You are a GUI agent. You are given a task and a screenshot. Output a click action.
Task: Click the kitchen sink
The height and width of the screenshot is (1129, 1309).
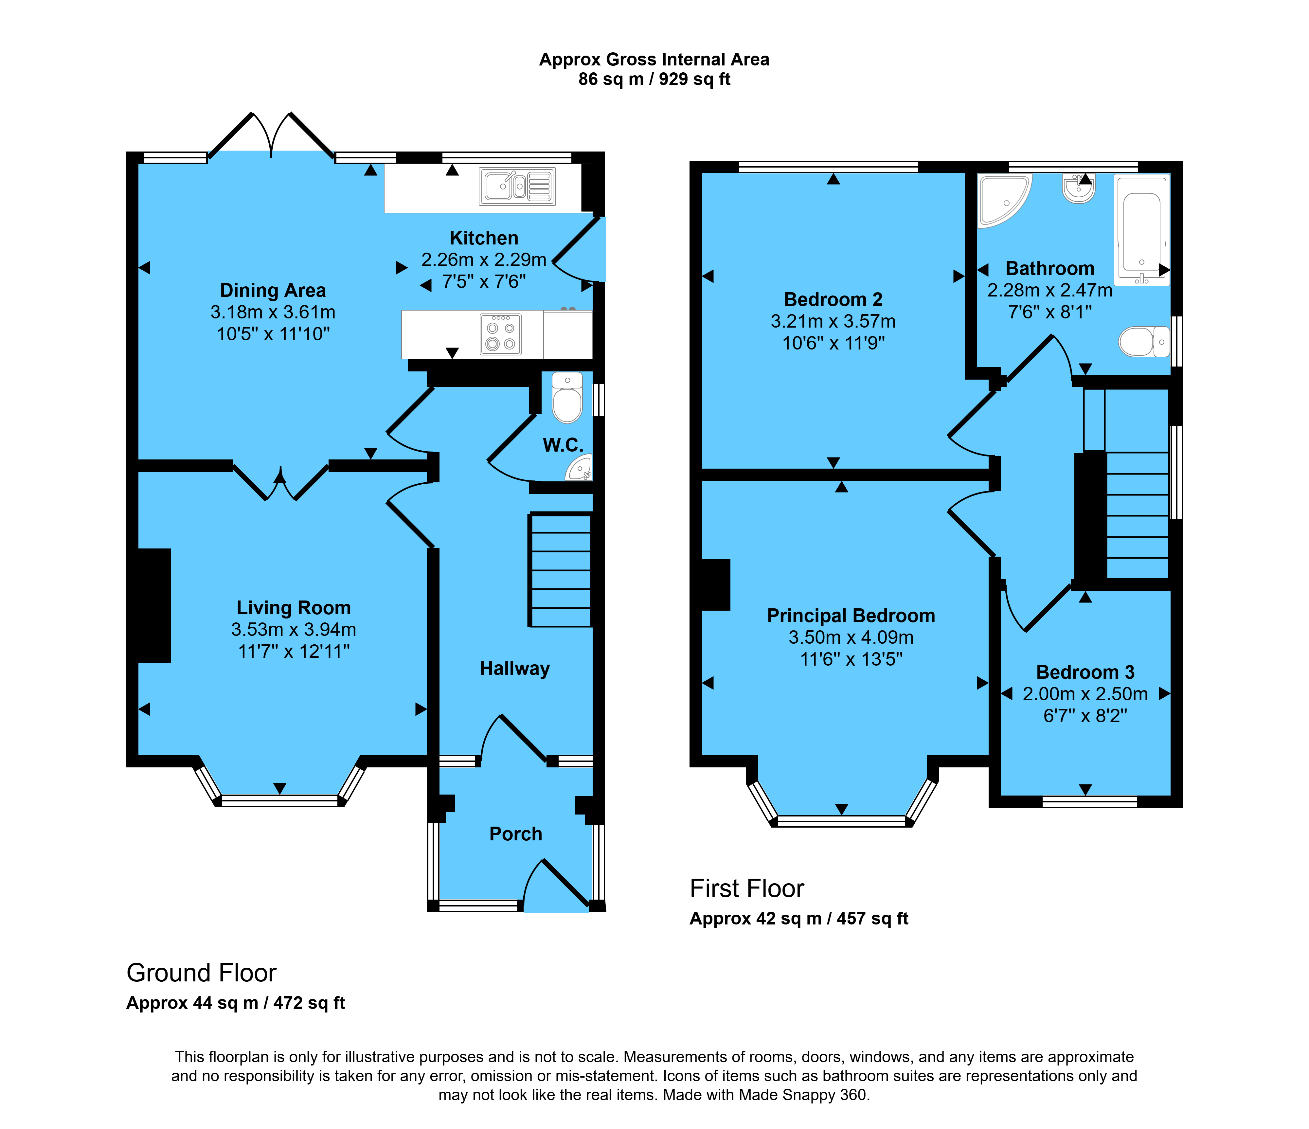click(517, 187)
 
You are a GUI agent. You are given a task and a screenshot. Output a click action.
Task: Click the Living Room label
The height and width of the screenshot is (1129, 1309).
click(294, 608)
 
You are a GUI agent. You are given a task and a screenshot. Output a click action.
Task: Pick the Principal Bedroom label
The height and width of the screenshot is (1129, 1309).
click(851, 616)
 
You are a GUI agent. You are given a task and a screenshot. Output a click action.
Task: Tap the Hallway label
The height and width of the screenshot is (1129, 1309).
click(515, 669)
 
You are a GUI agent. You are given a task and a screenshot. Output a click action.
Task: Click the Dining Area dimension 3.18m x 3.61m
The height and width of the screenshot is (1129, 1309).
click(273, 312)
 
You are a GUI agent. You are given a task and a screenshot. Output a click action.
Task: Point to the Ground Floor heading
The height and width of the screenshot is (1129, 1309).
click(202, 973)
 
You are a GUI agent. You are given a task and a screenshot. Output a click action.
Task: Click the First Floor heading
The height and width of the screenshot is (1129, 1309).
click(747, 888)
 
